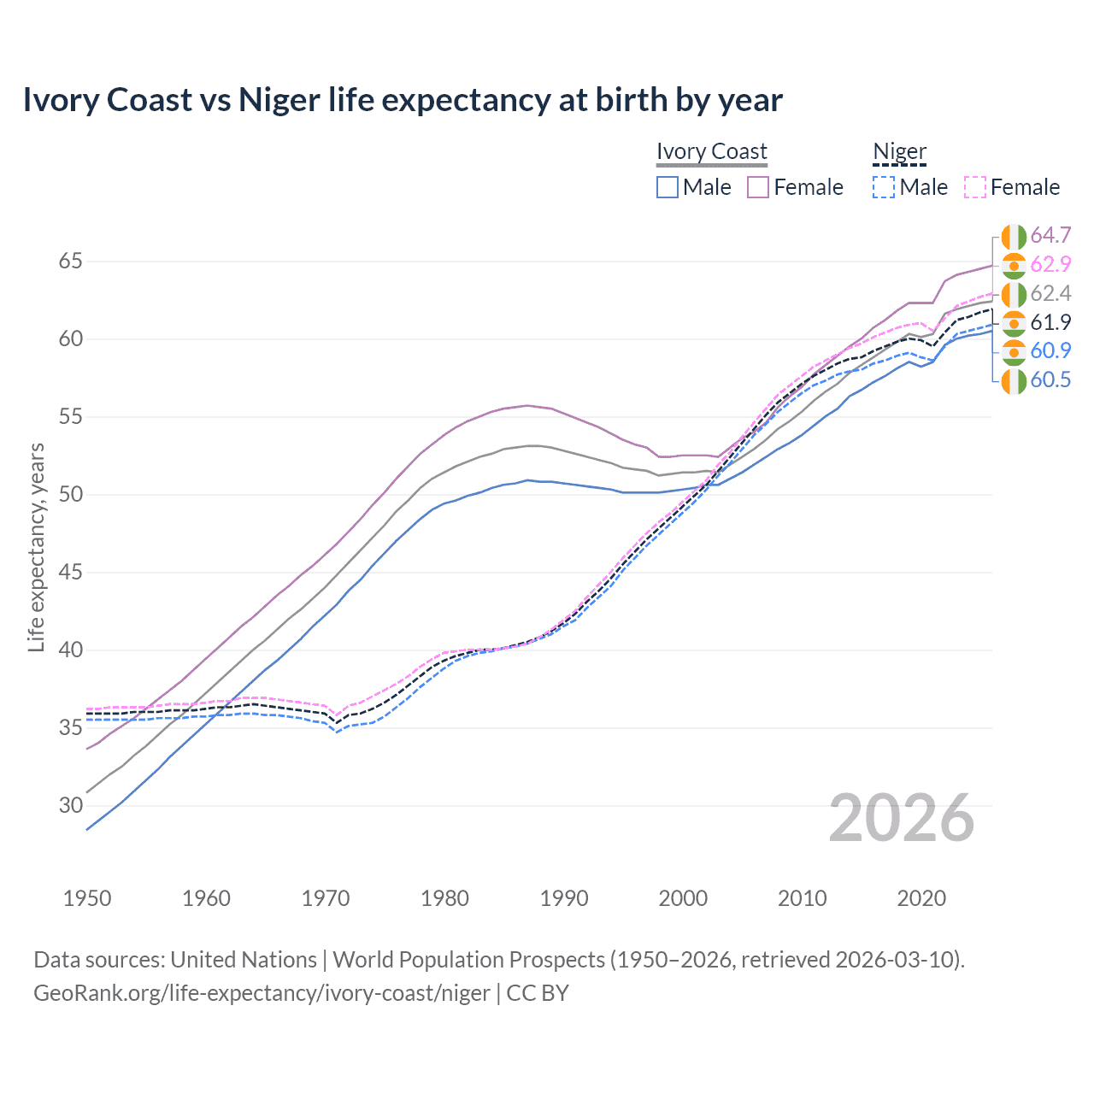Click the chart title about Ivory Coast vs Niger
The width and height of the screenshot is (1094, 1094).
pyautogui.click(x=402, y=100)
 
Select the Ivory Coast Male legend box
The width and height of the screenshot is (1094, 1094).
pyautogui.click(x=668, y=187)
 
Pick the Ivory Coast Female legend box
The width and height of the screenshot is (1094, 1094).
pyautogui.click(x=758, y=187)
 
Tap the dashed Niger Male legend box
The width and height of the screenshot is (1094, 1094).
pyautogui.click(x=884, y=187)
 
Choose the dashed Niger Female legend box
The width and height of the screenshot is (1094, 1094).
pyautogui.click(x=975, y=187)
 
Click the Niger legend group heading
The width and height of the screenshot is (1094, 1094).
pyautogui.click(x=899, y=152)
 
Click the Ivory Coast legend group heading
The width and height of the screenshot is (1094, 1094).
pyautogui.click(x=711, y=152)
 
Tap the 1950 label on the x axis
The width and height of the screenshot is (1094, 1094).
pyautogui.click(x=87, y=898)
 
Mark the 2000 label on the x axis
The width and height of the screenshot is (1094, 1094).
pyautogui.click(x=683, y=898)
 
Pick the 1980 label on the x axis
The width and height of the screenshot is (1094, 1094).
pyautogui.click(x=444, y=898)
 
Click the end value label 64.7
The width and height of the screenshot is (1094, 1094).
pyautogui.click(x=1050, y=235)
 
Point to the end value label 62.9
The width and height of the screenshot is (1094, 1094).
pyautogui.click(x=1050, y=265)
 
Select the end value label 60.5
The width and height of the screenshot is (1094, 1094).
pyautogui.click(x=1050, y=380)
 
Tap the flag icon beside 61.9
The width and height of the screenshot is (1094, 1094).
pyautogui.click(x=1014, y=323)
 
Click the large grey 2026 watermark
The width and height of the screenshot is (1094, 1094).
pyautogui.click(x=901, y=818)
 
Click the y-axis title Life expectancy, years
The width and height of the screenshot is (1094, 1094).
pyautogui.click(x=36, y=547)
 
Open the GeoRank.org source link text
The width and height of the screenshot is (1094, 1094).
pyautogui.click(x=262, y=993)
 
